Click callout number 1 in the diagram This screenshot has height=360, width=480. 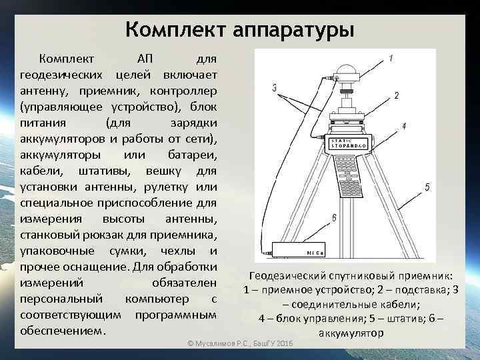pyautogui.click(x=391, y=59)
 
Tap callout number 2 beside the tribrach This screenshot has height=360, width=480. pyautogui.click(x=397, y=96)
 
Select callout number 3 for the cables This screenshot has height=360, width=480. pyautogui.click(x=275, y=87)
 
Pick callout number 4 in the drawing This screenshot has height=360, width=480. pyautogui.click(x=404, y=126)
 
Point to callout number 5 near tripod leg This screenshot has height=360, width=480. pyautogui.click(x=427, y=187)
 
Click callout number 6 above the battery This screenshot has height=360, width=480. pyautogui.click(x=333, y=217)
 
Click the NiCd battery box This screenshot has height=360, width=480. pyautogui.click(x=300, y=252)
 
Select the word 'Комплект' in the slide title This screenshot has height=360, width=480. pyautogui.click(x=177, y=30)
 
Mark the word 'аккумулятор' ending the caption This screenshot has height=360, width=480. pyautogui.click(x=351, y=333)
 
